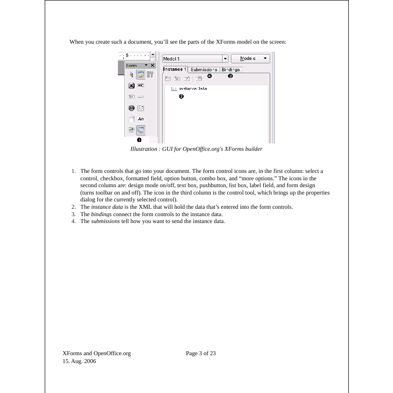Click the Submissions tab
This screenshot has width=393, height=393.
(x=204, y=70)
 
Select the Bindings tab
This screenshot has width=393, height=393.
(x=230, y=70)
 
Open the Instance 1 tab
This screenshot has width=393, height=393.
(x=175, y=69)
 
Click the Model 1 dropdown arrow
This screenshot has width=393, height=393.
(x=225, y=58)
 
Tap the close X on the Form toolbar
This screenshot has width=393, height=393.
(x=153, y=65)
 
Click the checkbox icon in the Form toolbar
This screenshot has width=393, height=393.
(x=131, y=85)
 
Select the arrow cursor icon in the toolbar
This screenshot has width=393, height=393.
(x=131, y=75)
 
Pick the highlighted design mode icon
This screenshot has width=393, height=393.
(x=140, y=75)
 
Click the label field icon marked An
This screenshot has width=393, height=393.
(x=140, y=119)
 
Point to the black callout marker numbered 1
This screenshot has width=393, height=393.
(x=139, y=140)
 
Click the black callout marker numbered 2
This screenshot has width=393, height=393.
(x=181, y=97)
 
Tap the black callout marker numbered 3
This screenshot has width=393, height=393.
(x=230, y=76)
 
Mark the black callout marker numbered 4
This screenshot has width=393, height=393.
(x=209, y=76)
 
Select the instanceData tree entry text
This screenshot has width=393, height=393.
(x=193, y=89)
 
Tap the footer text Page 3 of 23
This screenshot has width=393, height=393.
(x=201, y=353)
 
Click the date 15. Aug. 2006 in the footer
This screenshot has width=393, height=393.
(x=80, y=361)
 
